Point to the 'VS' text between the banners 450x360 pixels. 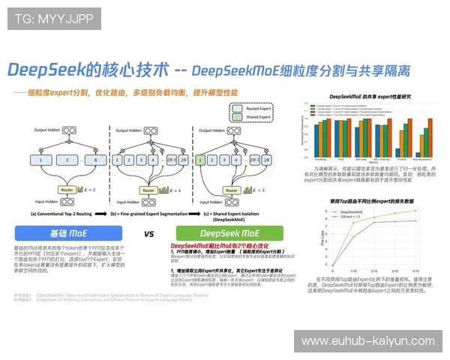pyautogui.click(x=149, y=234)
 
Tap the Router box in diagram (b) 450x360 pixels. pyautogui.click(x=148, y=190)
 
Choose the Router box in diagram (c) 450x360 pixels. pyautogui.click(x=238, y=190)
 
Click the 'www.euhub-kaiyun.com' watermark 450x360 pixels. pyautogui.click(x=367, y=341)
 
